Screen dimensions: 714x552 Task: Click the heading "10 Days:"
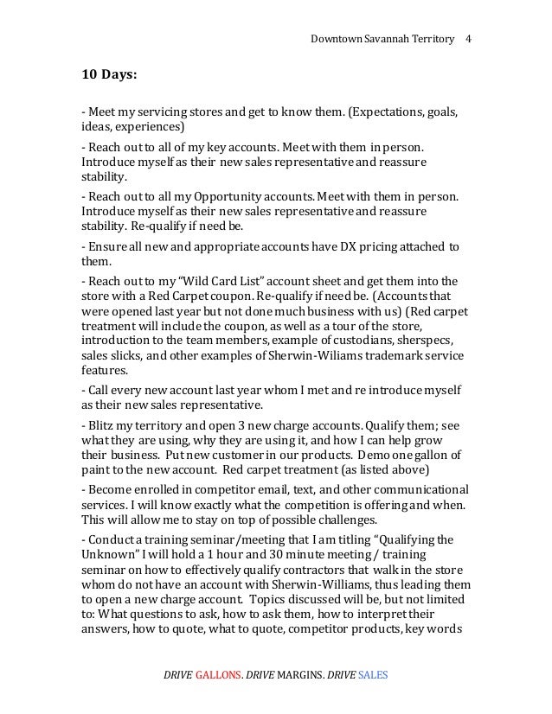pos(109,75)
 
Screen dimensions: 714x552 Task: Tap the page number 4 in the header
pos(468,40)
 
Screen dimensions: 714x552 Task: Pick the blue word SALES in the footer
pos(372,672)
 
